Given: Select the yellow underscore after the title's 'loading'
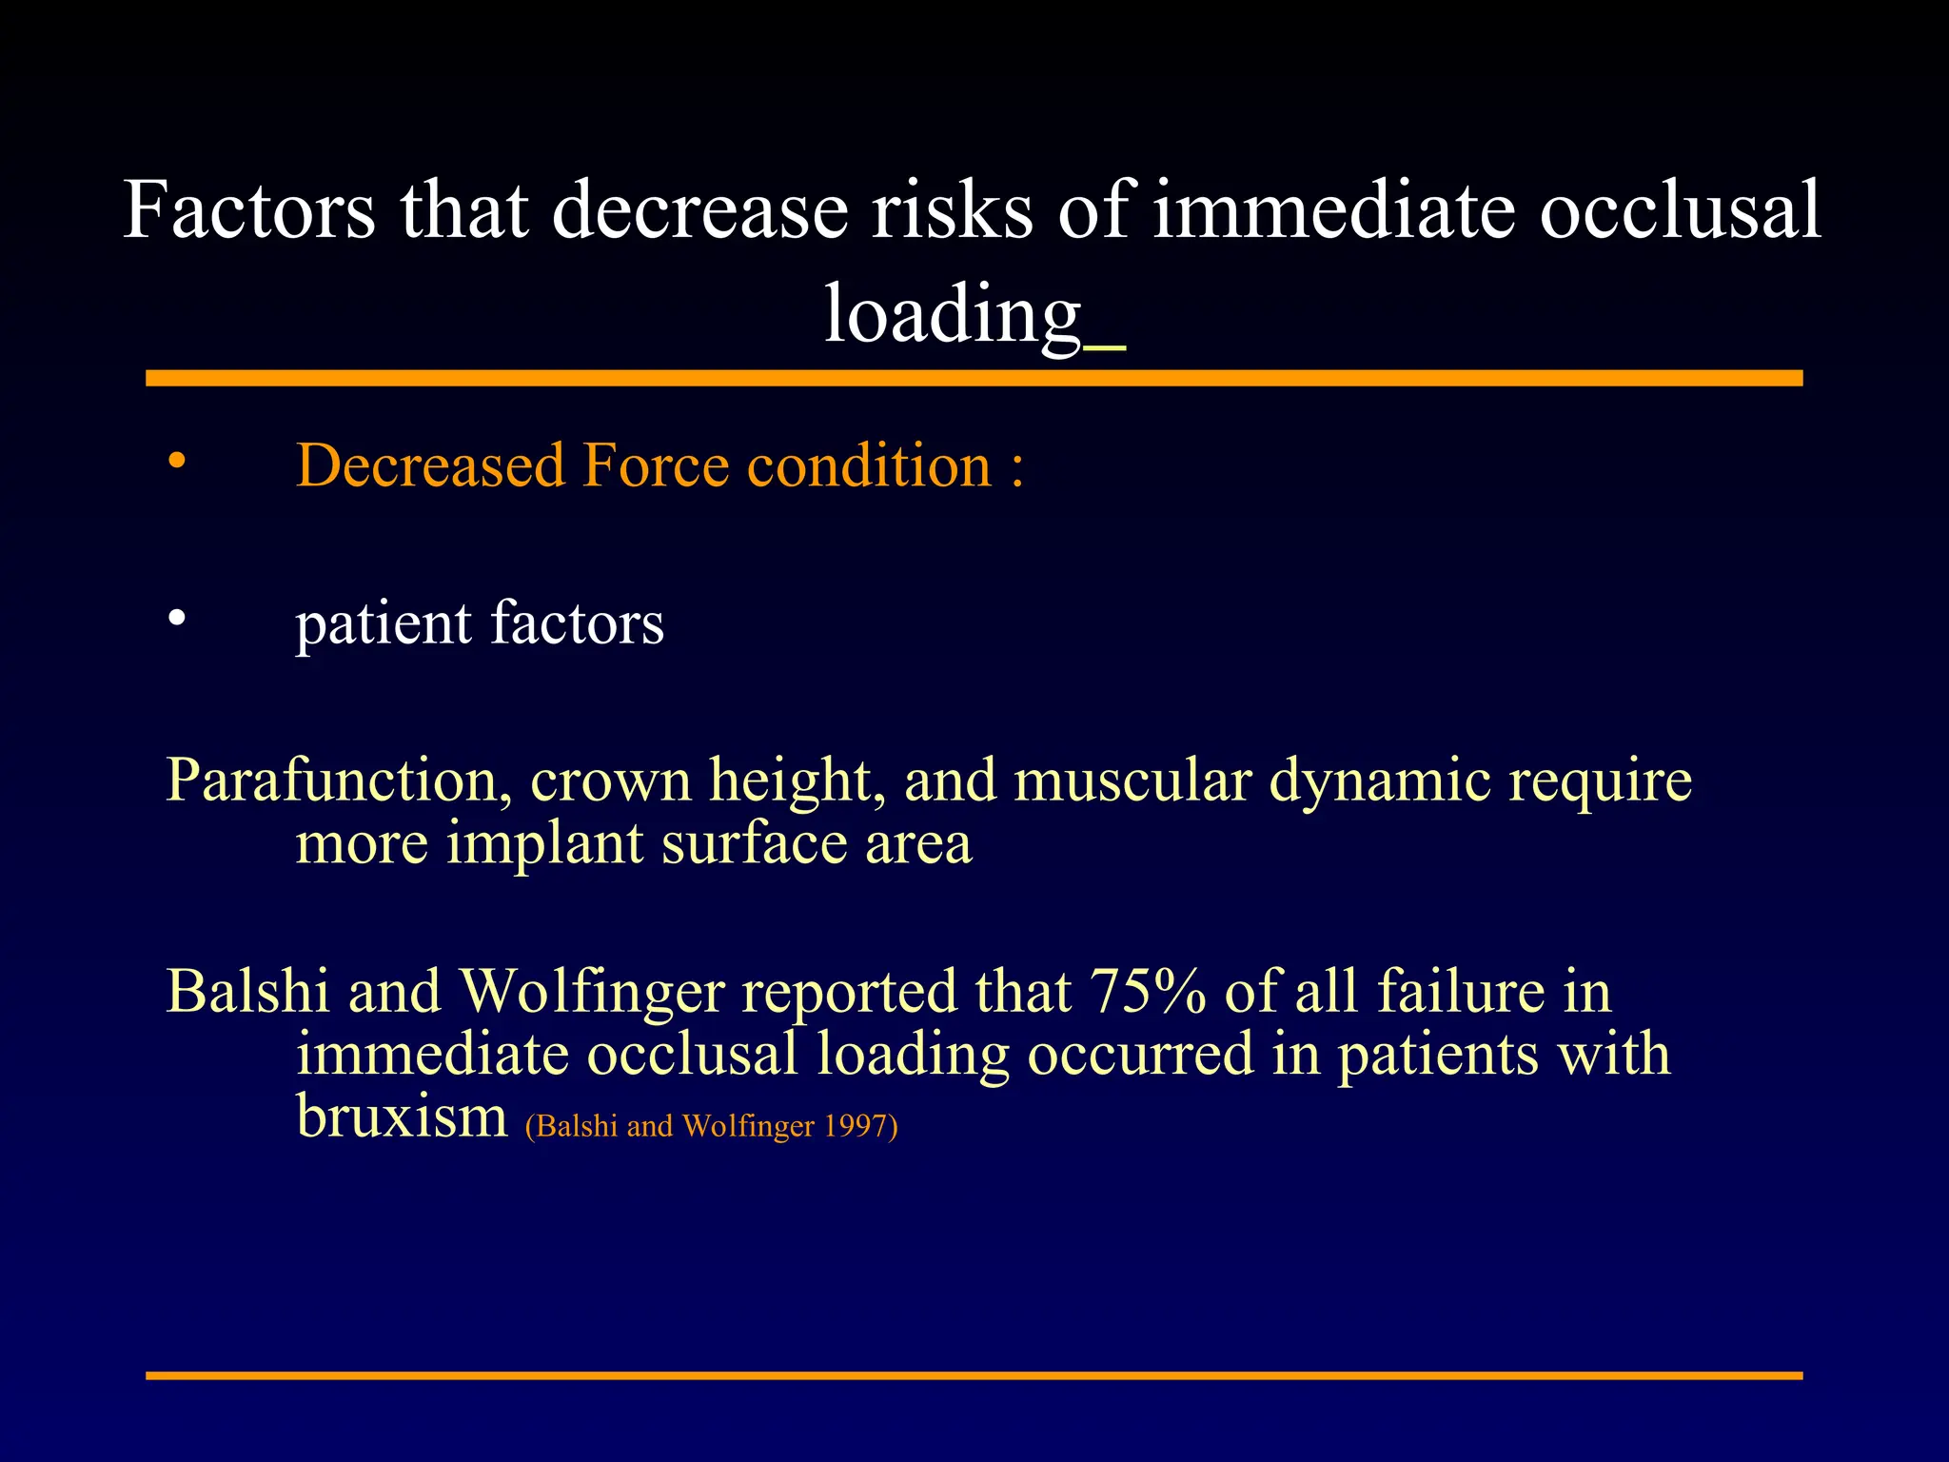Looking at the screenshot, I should (1105, 350).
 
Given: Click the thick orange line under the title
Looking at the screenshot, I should (974, 378).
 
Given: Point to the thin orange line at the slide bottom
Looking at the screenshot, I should (974, 1375).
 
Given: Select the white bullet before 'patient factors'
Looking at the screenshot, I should (176, 619).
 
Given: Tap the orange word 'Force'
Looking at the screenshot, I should (656, 465).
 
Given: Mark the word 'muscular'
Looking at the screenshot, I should (1132, 780).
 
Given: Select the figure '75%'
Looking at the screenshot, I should (1150, 991).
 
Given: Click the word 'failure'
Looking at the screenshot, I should (1461, 991).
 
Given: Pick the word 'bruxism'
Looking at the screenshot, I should (402, 1116).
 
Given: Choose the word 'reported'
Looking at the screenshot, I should (849, 993).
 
